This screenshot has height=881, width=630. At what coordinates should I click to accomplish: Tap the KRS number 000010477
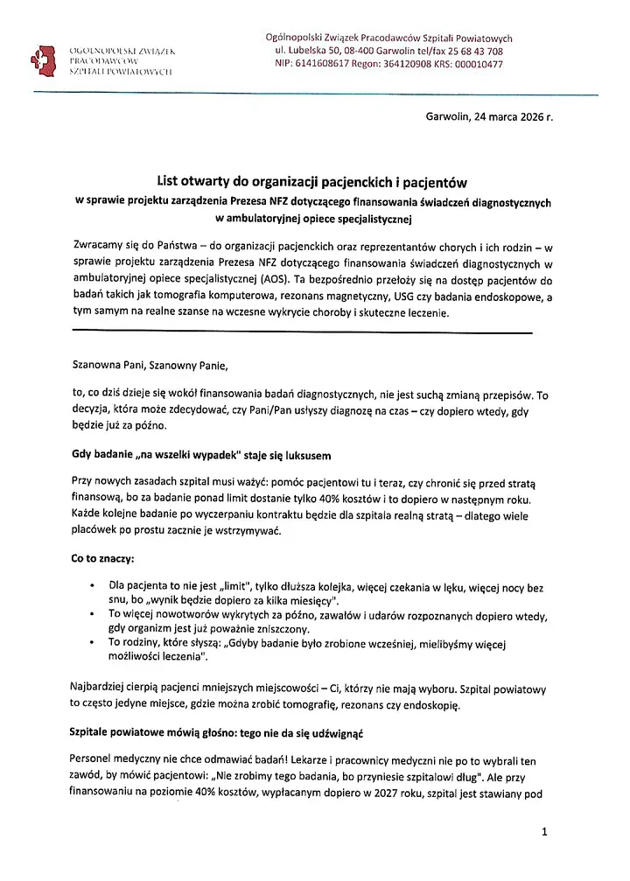pos(478,64)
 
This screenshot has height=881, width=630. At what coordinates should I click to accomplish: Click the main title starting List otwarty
pos(312,182)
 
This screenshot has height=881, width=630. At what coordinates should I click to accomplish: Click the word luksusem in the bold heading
pos(300,457)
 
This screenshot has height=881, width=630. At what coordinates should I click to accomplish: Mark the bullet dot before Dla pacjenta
pos(92,584)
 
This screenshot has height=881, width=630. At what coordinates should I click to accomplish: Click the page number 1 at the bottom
pos(543,833)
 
